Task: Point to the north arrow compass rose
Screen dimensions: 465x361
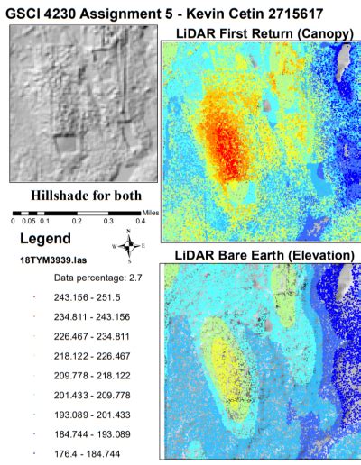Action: coord(130,244)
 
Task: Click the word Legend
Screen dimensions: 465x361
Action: coord(47,240)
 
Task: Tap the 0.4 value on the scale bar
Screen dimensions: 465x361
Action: coord(141,221)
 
